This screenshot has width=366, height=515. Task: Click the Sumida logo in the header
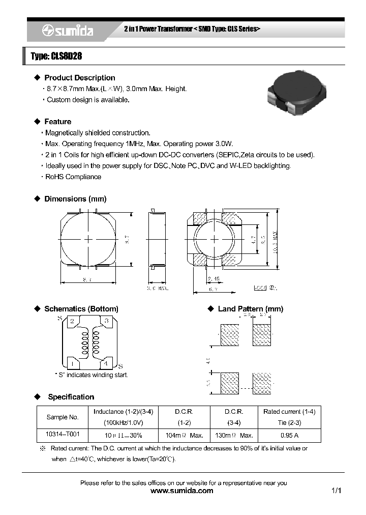point(68,31)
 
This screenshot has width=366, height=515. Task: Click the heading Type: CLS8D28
point(56,56)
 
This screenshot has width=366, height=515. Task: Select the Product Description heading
point(80,78)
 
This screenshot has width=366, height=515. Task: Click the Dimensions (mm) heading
point(75,199)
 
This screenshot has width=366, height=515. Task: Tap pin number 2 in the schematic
point(72,321)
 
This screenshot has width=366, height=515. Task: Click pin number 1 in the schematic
point(72,363)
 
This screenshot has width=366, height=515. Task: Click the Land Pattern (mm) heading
point(250,309)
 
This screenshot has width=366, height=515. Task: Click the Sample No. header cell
point(63,417)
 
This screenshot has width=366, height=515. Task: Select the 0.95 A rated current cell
point(289,436)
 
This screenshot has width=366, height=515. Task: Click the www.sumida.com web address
point(182,491)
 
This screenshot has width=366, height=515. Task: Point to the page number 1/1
point(335,491)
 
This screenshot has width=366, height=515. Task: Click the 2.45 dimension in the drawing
point(213,279)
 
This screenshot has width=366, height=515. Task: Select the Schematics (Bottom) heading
point(81,309)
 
